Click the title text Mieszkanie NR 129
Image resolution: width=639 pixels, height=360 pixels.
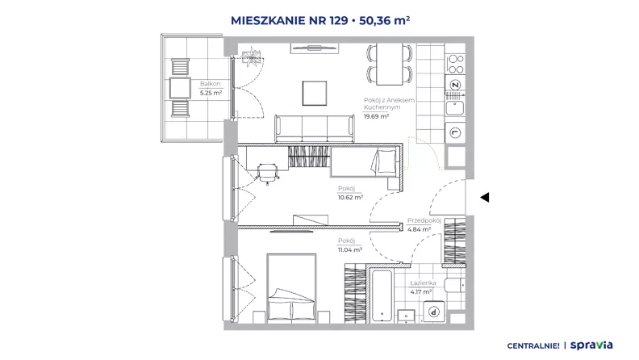(x=289, y=20)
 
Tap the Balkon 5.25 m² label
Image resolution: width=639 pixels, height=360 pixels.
(x=211, y=88)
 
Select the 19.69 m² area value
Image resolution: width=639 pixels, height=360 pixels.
(x=376, y=116)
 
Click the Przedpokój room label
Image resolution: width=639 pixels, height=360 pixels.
(x=424, y=220)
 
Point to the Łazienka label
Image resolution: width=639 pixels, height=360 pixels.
(x=423, y=283)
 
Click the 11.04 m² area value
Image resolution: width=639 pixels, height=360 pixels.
(x=350, y=249)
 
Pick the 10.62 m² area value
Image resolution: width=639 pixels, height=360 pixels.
(x=350, y=197)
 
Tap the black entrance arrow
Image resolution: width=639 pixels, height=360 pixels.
(x=485, y=197)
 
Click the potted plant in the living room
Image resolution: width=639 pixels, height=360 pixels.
(x=251, y=55)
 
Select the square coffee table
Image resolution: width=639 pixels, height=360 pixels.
(x=314, y=93)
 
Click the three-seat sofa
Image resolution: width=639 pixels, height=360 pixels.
(x=314, y=128)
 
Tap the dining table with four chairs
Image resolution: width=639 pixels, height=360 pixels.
(x=389, y=65)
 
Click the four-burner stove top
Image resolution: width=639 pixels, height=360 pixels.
(x=455, y=64)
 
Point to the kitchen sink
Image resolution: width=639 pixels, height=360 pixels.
(x=455, y=108)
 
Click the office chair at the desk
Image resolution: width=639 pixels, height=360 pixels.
(x=267, y=173)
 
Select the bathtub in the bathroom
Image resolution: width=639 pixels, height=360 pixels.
(x=382, y=295)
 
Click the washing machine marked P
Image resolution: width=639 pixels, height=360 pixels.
(x=434, y=312)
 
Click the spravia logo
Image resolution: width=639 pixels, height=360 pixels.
(x=591, y=345)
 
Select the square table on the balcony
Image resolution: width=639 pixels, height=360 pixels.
(x=180, y=88)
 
